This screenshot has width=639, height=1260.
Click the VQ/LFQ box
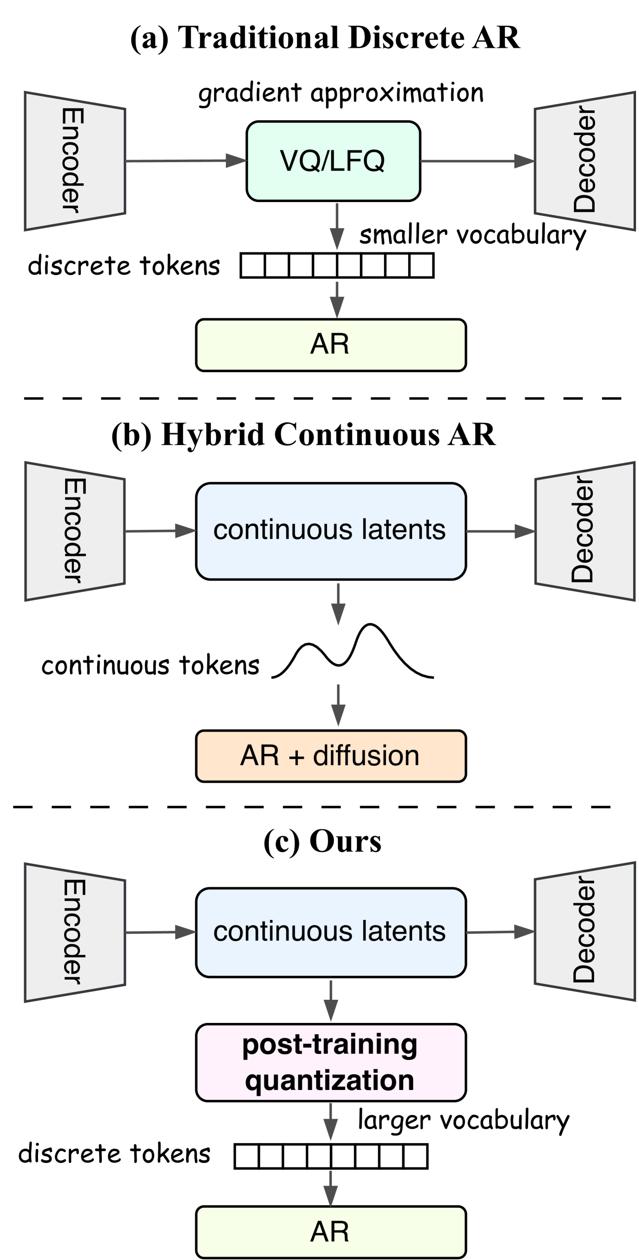(333, 161)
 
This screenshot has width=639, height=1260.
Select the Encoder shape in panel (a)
(75, 161)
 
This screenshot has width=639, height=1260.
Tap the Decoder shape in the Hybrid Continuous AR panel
(585, 531)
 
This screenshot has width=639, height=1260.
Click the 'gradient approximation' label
(341, 93)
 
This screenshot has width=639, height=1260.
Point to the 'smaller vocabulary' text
(472, 235)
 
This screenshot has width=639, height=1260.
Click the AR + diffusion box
(331, 756)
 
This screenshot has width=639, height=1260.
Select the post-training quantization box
(331, 1062)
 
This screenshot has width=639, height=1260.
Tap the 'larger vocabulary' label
(463, 1121)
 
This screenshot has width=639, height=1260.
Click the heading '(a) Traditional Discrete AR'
(325, 38)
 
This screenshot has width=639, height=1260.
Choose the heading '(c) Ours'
(322, 841)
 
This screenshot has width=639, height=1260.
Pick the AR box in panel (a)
(331, 345)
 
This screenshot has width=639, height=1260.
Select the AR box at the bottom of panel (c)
(331, 1231)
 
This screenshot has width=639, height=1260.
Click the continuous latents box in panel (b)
(331, 531)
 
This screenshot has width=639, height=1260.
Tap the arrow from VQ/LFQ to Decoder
(477, 161)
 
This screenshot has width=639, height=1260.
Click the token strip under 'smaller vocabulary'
(337, 266)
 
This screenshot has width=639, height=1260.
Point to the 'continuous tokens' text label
(150, 665)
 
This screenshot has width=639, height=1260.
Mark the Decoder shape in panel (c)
(585, 931)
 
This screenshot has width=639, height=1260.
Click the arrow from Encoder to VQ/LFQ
(185, 161)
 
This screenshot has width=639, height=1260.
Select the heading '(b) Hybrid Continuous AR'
(304, 435)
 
